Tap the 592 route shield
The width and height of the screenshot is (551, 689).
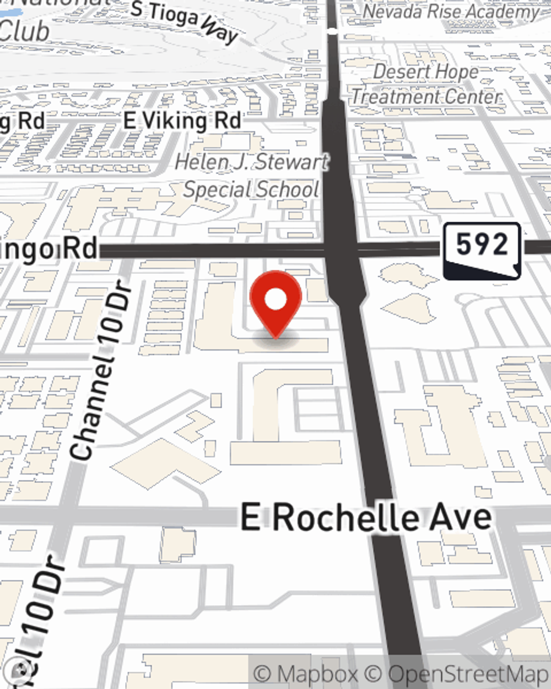click(x=482, y=250)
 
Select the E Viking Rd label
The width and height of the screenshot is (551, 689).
click(x=182, y=121)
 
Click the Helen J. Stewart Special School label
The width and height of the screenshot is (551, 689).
click(x=252, y=176)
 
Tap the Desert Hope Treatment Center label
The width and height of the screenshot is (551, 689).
click(x=426, y=84)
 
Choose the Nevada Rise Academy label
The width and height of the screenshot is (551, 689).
click(x=451, y=12)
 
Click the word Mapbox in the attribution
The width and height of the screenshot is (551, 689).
click(x=317, y=674)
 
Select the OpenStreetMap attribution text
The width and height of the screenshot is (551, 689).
click(x=468, y=674)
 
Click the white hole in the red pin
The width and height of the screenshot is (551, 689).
click(x=275, y=300)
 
